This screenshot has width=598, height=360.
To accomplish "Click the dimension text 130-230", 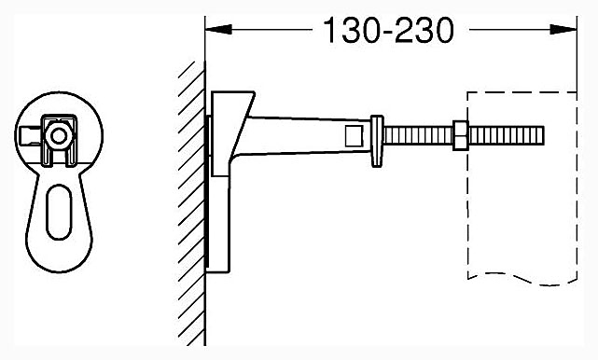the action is click(389, 31).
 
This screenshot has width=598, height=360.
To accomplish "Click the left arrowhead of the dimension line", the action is click(218, 29).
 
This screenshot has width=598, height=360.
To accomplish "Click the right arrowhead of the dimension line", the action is click(563, 29).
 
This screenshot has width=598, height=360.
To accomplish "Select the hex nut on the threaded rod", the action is click(461, 135).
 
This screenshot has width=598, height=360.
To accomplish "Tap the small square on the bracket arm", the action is click(353, 136).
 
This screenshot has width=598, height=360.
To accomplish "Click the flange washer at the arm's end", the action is click(377, 141).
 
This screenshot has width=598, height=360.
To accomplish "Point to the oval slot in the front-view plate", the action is click(59, 212).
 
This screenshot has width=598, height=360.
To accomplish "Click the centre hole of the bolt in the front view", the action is click(59, 136).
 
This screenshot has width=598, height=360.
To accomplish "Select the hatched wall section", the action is click(191, 203).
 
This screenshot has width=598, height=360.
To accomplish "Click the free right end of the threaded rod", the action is click(543, 135).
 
